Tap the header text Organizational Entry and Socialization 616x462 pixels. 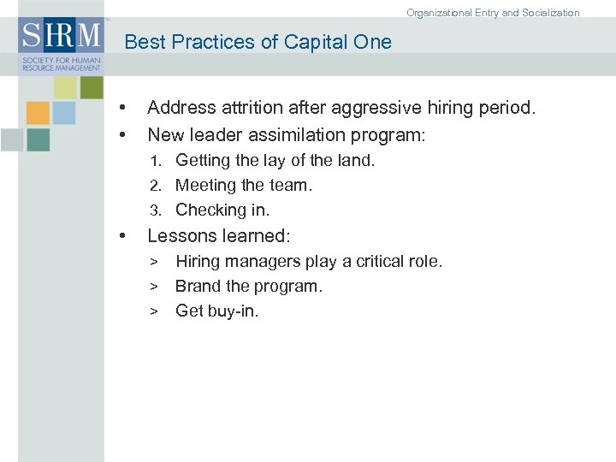pos(493,13)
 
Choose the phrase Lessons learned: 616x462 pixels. pos(219,235)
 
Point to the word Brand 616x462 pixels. pos(198,286)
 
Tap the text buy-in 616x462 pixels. pos(234,311)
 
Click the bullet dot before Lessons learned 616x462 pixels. pos(125,236)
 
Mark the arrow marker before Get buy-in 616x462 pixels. pos(155,311)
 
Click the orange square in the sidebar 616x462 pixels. pos(38,113)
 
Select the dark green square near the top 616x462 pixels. pos(92,86)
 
